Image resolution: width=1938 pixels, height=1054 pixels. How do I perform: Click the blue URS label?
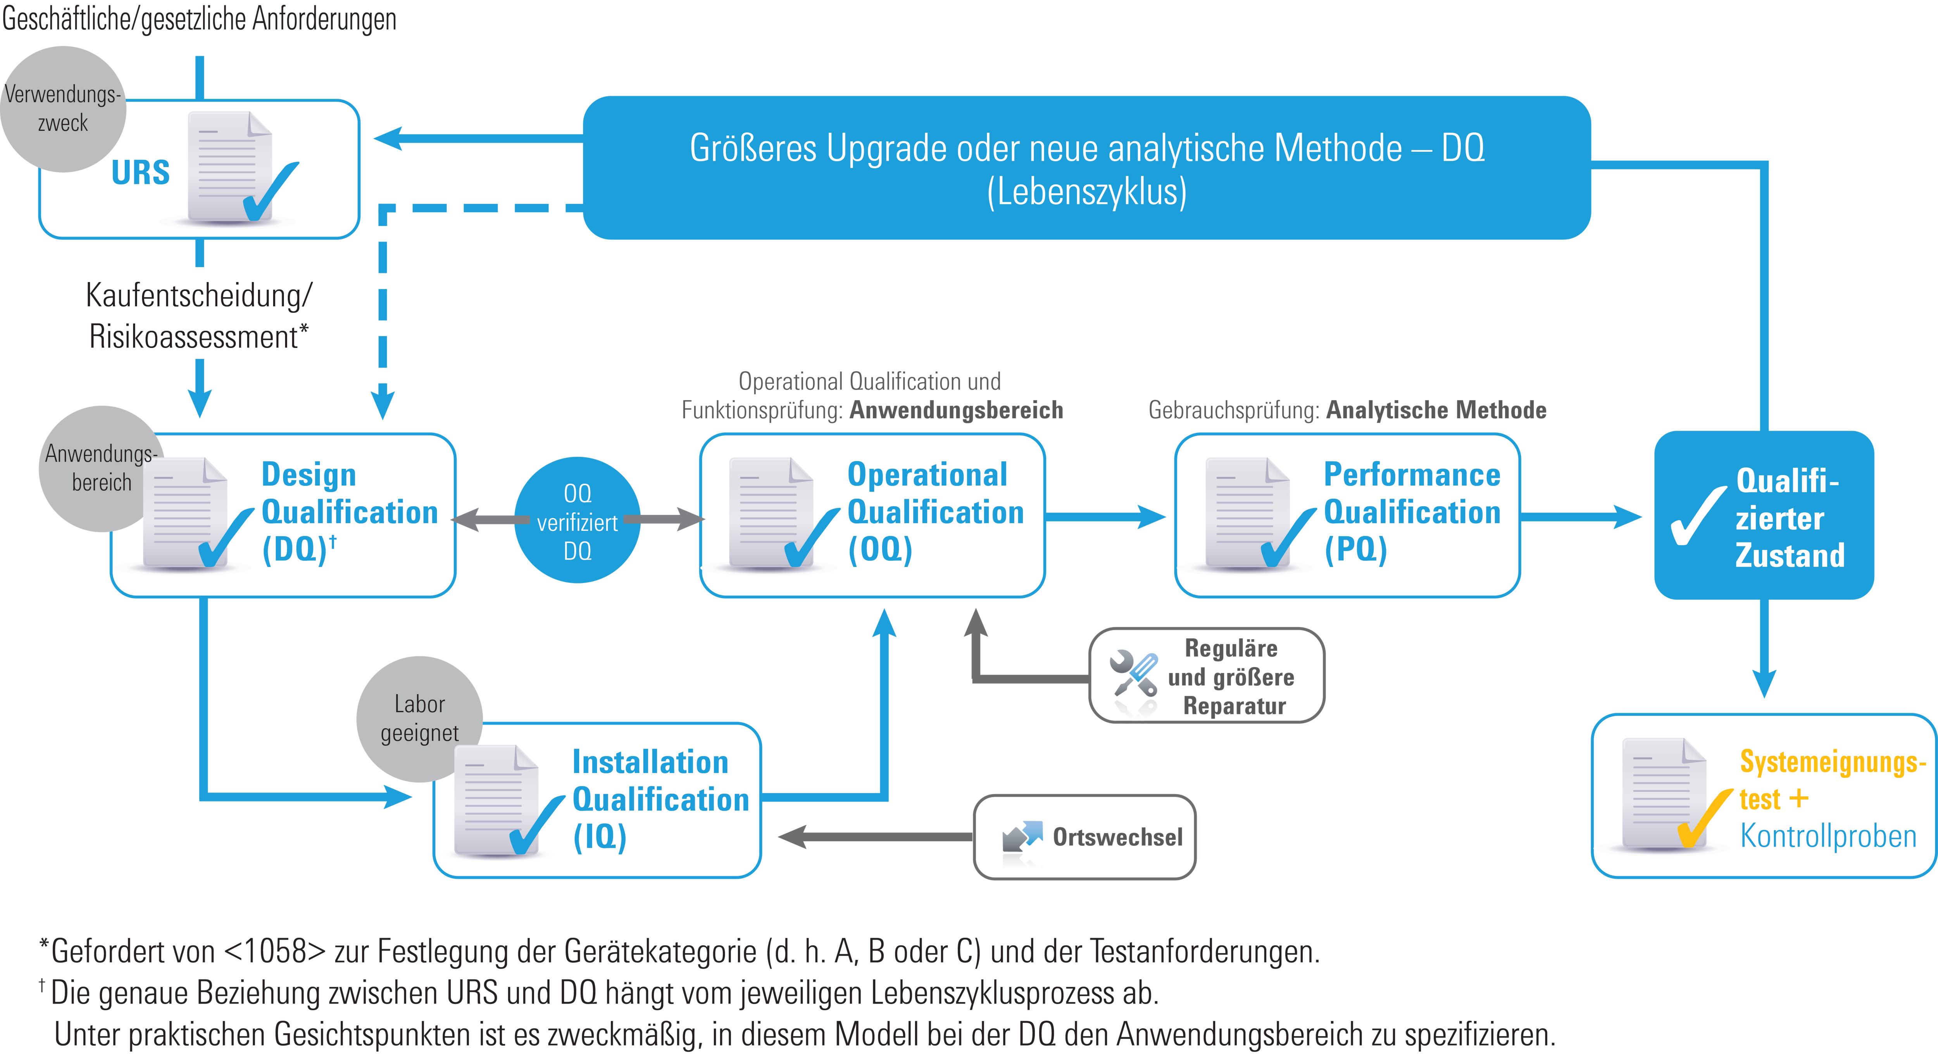pyautogui.click(x=141, y=173)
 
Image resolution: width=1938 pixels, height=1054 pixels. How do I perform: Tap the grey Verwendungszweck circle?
pyautogui.click(x=63, y=109)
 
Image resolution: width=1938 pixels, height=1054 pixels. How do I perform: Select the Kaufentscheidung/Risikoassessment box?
pyautogui.click(x=199, y=314)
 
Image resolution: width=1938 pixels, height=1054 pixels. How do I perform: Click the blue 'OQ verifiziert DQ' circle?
pyautogui.click(x=577, y=521)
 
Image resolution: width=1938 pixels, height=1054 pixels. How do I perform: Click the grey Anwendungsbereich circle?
pyautogui.click(x=100, y=468)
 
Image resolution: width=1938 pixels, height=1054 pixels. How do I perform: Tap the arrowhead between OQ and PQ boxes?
pyautogui.click(x=1151, y=517)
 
